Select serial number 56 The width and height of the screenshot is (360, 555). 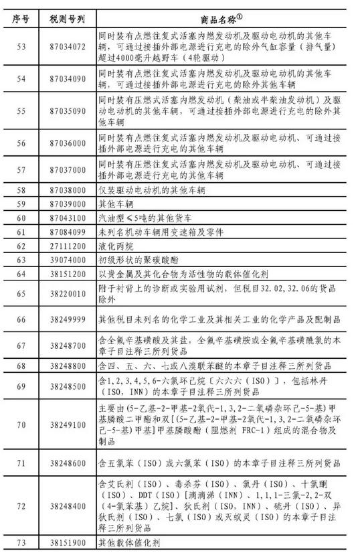click(18, 143)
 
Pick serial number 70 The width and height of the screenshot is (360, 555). click(18, 424)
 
